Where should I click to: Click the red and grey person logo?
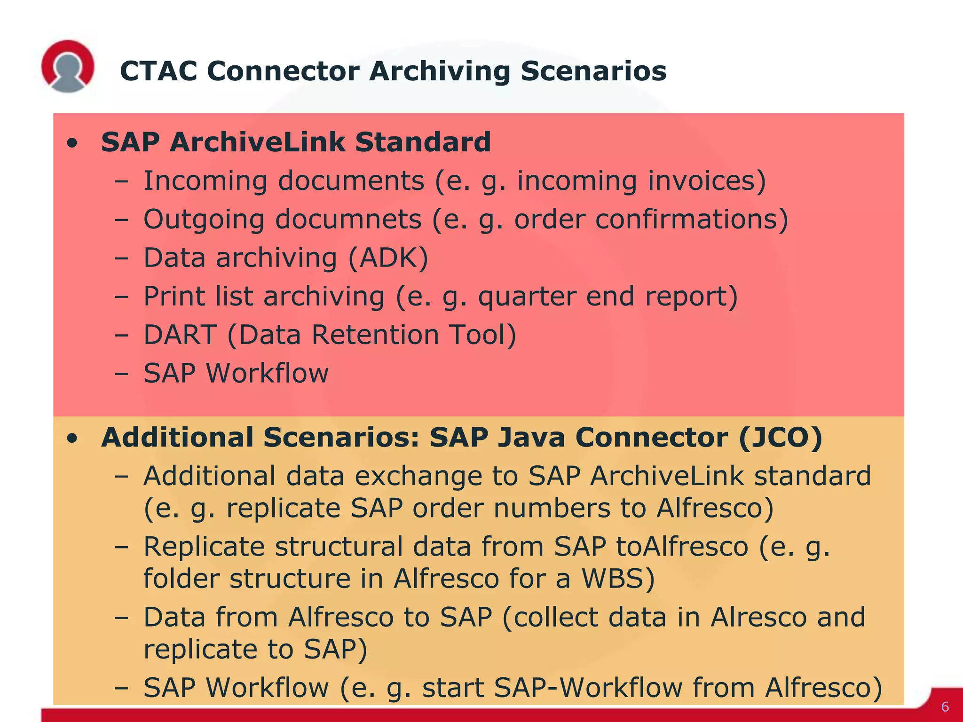click(x=68, y=66)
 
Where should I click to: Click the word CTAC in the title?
click(x=158, y=71)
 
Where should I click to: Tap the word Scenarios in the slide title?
click(x=593, y=71)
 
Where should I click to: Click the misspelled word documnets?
click(x=348, y=220)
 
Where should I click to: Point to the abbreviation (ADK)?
click(x=388, y=258)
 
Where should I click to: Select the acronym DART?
click(x=180, y=335)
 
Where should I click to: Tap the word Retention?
click(x=375, y=335)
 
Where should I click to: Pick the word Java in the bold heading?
click(x=531, y=438)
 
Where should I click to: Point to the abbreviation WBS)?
click(x=618, y=579)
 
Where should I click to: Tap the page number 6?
click(x=945, y=707)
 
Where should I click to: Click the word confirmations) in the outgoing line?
click(x=691, y=220)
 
